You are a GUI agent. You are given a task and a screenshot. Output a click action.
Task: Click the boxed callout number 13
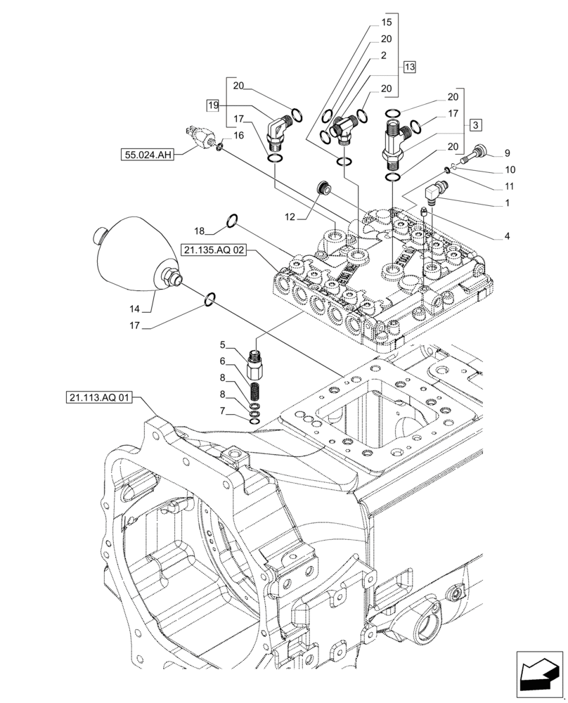[x=409, y=67]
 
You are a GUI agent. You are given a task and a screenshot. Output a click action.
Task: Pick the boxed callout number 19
[x=213, y=105]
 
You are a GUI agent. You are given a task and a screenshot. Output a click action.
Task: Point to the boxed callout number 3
[x=476, y=124]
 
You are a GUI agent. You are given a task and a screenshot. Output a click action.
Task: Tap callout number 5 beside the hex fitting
[x=222, y=345]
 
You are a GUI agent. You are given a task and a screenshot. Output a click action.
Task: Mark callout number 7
[x=222, y=410]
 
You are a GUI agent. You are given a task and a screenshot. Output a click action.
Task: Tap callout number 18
[x=199, y=231]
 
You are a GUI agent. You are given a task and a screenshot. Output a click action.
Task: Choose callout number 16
[x=238, y=135]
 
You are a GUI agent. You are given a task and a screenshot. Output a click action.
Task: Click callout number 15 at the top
[x=386, y=23]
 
